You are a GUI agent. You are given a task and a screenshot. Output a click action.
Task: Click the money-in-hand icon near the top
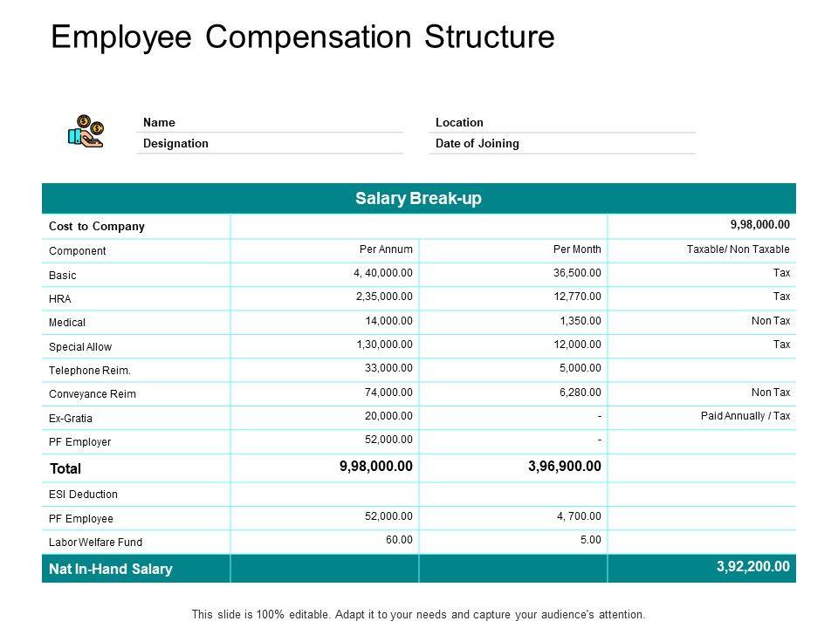(86, 132)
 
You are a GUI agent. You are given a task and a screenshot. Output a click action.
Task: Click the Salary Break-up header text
(419, 199)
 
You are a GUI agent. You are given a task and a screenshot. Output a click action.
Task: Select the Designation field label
(175, 143)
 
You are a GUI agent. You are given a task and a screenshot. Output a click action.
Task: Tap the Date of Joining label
(477, 143)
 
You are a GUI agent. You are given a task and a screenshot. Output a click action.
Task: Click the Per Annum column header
(386, 249)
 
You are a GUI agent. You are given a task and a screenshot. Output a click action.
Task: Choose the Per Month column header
(577, 249)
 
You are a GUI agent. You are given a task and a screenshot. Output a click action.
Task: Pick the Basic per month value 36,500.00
(577, 273)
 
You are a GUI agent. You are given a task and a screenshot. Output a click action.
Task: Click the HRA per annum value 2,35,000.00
(384, 297)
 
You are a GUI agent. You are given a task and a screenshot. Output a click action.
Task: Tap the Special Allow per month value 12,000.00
(577, 345)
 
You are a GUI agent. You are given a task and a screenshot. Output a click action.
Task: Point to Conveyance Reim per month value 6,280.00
(580, 392)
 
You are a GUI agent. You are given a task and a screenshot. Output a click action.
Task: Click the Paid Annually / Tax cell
(745, 416)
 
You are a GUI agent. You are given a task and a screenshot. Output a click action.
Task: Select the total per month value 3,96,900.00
(565, 467)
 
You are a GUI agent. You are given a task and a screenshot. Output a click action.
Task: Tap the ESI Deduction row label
(83, 495)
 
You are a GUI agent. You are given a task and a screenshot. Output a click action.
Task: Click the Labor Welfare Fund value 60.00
(399, 540)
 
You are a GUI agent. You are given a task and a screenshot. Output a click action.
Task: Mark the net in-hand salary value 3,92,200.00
(753, 566)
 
